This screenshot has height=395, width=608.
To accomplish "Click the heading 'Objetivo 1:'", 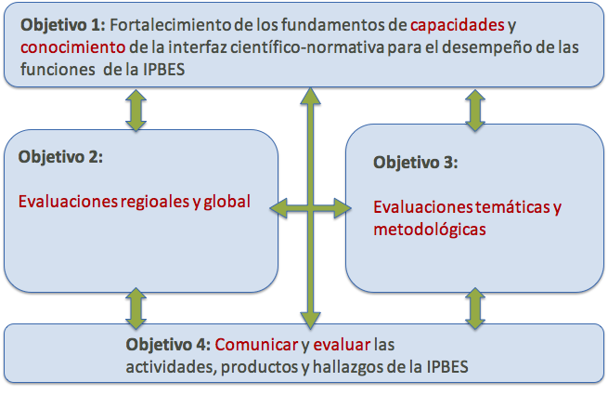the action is (x=63, y=26).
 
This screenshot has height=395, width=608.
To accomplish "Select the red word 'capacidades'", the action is (x=458, y=26).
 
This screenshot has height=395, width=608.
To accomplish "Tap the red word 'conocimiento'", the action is (x=73, y=47).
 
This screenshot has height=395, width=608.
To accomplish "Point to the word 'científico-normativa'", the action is (x=307, y=47).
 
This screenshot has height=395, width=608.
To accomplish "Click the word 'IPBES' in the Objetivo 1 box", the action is (x=164, y=70).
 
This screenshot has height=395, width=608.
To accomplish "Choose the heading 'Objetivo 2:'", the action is (x=60, y=157).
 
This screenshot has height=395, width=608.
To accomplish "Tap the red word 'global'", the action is (x=227, y=201).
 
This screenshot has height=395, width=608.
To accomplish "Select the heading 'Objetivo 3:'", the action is (x=415, y=163).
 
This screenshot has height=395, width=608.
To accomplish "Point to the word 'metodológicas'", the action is (x=430, y=230).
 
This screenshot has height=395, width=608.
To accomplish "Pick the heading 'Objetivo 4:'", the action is (x=168, y=345).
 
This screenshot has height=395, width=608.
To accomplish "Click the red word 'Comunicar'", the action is (x=256, y=345).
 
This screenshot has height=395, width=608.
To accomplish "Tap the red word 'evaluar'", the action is (x=342, y=345).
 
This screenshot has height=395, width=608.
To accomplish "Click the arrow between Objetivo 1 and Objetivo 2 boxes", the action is (x=136, y=111).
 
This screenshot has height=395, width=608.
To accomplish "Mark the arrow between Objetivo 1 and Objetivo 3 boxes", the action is (x=475, y=111).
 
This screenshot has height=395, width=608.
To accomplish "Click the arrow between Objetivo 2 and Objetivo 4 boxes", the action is (x=136, y=309).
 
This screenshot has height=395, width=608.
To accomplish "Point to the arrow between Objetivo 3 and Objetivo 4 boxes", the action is (x=475, y=309).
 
